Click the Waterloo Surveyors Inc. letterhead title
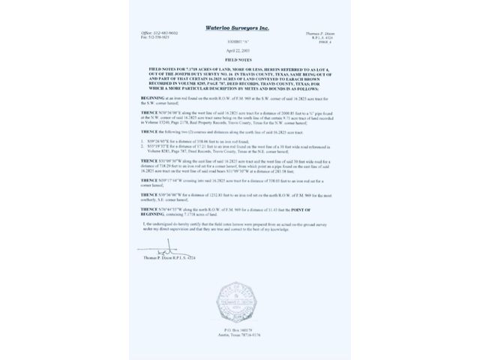tap(239, 26)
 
